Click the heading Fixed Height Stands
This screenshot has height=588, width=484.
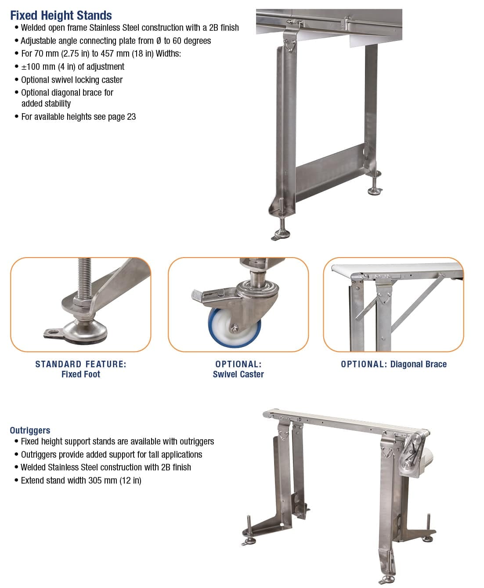61,15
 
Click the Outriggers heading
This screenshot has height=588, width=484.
30,430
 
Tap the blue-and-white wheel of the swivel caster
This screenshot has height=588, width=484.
234,328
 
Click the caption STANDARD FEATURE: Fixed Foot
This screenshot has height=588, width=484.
81,369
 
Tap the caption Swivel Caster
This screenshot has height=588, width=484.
238,374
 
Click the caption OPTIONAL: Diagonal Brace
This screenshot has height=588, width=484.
394,364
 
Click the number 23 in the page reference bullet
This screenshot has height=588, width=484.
131,117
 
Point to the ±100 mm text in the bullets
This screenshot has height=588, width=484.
38,67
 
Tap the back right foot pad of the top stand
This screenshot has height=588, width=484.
375,191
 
